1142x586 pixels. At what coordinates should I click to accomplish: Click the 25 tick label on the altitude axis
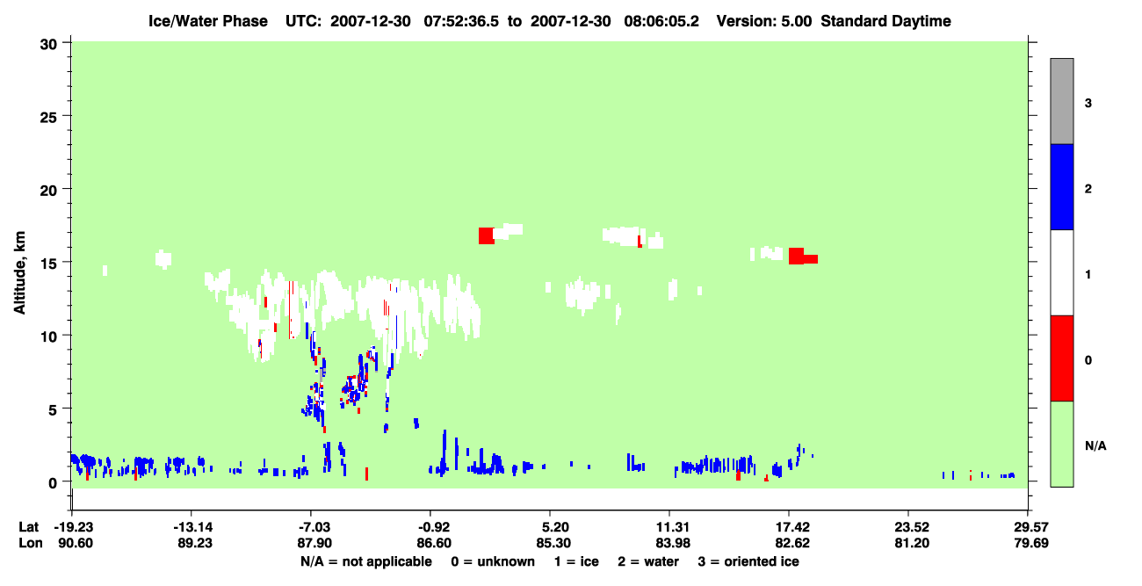(48, 118)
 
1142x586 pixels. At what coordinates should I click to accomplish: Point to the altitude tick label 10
(48, 336)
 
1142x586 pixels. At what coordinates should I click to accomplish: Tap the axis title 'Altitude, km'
(19, 273)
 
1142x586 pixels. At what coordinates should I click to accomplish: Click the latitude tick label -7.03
(314, 527)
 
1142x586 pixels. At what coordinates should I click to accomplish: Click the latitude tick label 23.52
(912, 527)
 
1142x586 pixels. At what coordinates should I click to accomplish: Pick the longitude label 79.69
(1031, 543)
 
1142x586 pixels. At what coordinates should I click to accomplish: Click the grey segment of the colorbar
(1061, 101)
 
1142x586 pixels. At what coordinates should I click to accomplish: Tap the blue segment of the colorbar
(1061, 186)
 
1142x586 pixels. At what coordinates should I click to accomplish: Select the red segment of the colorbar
(1061, 358)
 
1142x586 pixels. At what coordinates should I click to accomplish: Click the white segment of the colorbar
(1061, 272)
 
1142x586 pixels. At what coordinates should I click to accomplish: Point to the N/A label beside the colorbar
(1095, 446)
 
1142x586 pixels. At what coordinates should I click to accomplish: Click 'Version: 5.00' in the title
(763, 21)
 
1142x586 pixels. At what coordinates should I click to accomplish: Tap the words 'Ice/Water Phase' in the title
(208, 21)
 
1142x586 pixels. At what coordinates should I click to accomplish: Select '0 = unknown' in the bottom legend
(493, 561)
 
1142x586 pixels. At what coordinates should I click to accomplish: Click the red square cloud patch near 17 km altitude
(487, 235)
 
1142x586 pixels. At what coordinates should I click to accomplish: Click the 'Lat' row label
(28, 527)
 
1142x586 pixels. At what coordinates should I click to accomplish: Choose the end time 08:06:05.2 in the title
(661, 21)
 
